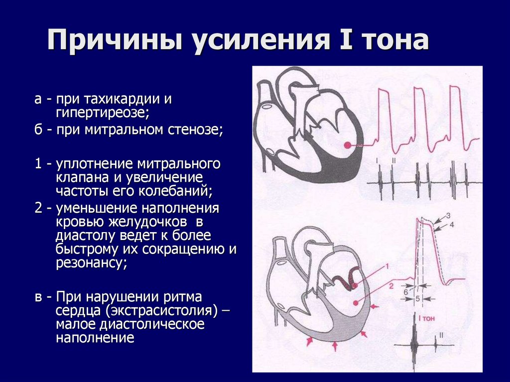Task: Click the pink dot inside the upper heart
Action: click(x=347, y=145)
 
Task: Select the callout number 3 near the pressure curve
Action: click(x=448, y=215)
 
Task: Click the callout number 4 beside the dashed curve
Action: click(x=452, y=225)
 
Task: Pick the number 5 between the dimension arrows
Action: click(x=417, y=298)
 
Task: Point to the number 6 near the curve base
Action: click(x=406, y=291)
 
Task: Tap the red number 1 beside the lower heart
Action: click(x=386, y=267)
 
